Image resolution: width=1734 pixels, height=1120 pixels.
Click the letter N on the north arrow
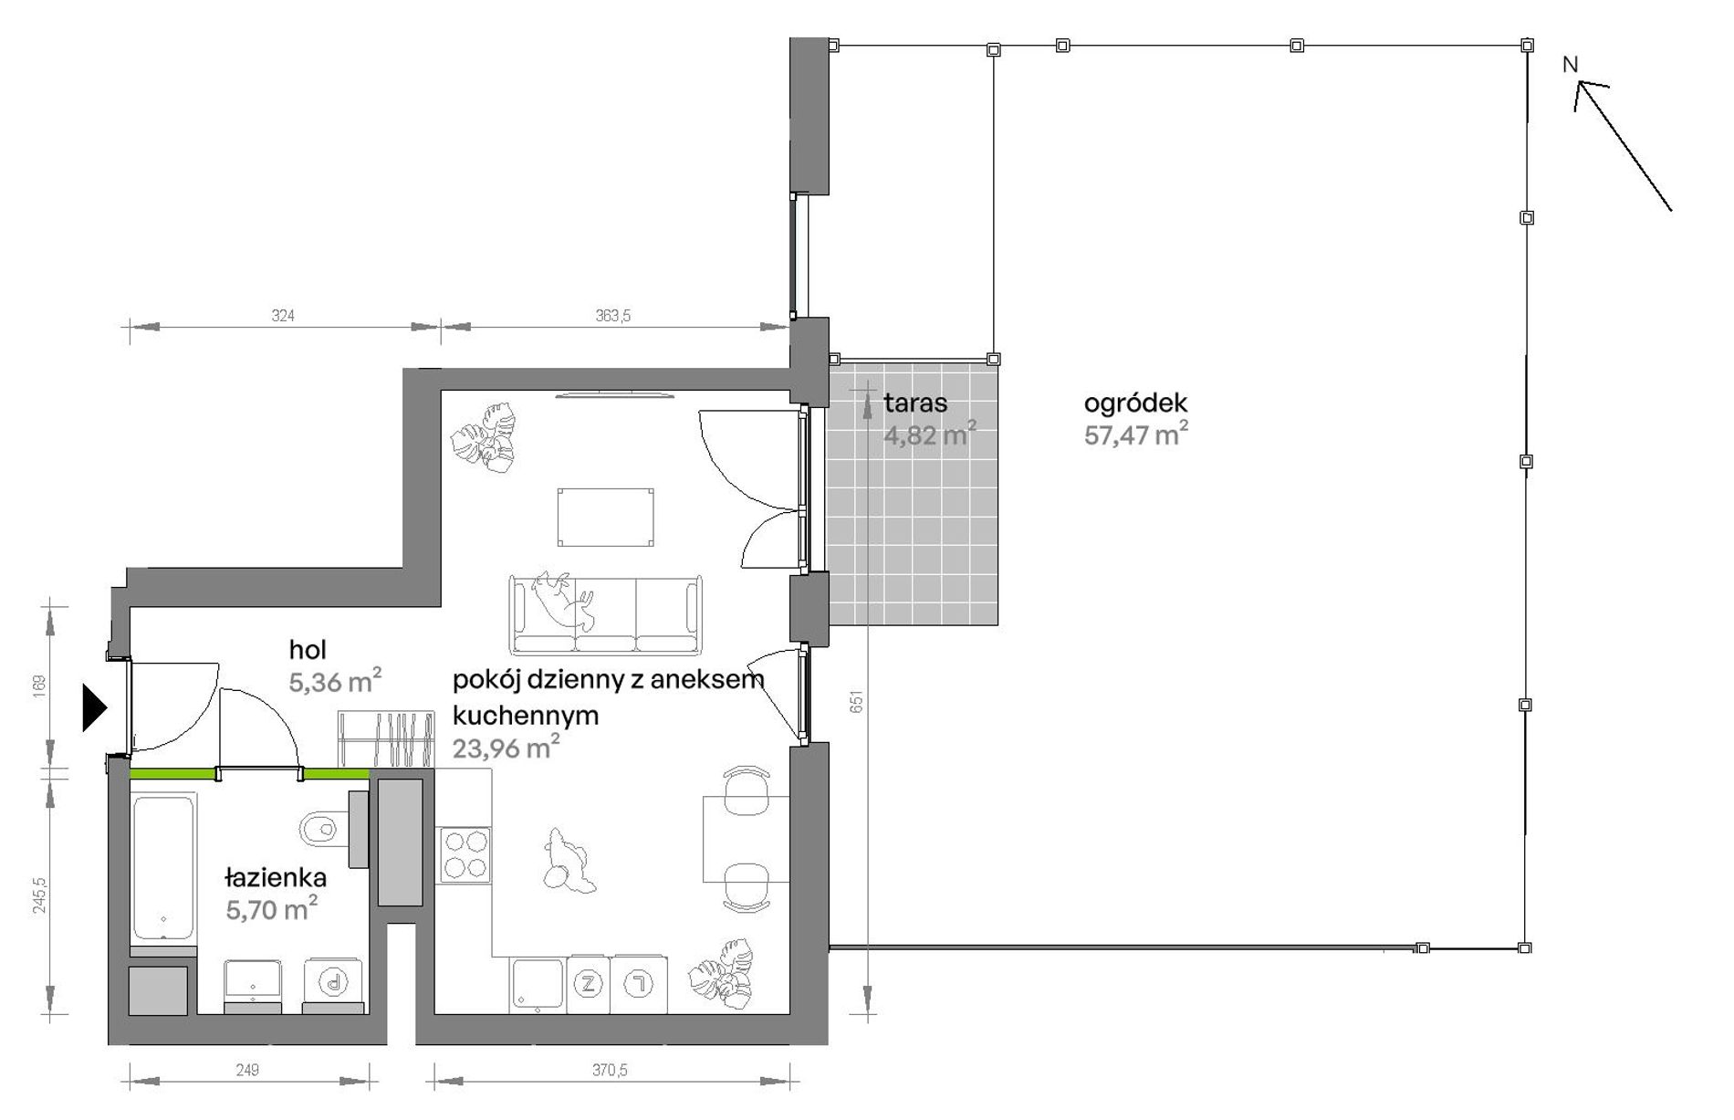[1570, 65]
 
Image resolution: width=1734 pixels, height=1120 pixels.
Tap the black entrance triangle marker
[95, 707]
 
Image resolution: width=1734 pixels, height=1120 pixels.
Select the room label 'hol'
[308, 650]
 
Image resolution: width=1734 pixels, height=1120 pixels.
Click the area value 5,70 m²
[272, 908]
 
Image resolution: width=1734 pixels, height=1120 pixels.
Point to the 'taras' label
[915, 403]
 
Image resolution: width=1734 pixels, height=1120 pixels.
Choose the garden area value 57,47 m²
[1136, 434]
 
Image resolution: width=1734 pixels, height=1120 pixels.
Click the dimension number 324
[283, 316]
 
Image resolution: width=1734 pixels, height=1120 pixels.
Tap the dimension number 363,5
[613, 316]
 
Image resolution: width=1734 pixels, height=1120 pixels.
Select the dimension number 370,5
[610, 1070]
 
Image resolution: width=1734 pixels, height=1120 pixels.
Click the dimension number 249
[247, 1070]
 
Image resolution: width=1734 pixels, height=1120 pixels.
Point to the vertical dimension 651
[856, 701]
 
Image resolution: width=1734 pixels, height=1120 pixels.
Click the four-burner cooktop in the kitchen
[464, 854]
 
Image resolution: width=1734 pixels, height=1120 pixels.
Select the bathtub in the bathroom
[164, 868]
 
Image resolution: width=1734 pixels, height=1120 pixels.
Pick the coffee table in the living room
[606, 518]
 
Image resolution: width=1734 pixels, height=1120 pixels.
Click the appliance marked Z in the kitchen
[589, 984]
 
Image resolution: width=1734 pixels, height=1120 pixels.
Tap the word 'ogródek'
[1135, 403]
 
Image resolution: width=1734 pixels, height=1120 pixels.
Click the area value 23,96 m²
[507, 748]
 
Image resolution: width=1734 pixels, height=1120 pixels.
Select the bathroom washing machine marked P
[334, 983]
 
